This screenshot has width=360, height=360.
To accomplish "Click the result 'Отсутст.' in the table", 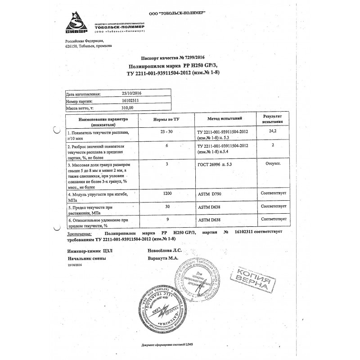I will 274,163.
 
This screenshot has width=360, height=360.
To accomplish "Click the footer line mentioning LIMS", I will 180,344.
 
